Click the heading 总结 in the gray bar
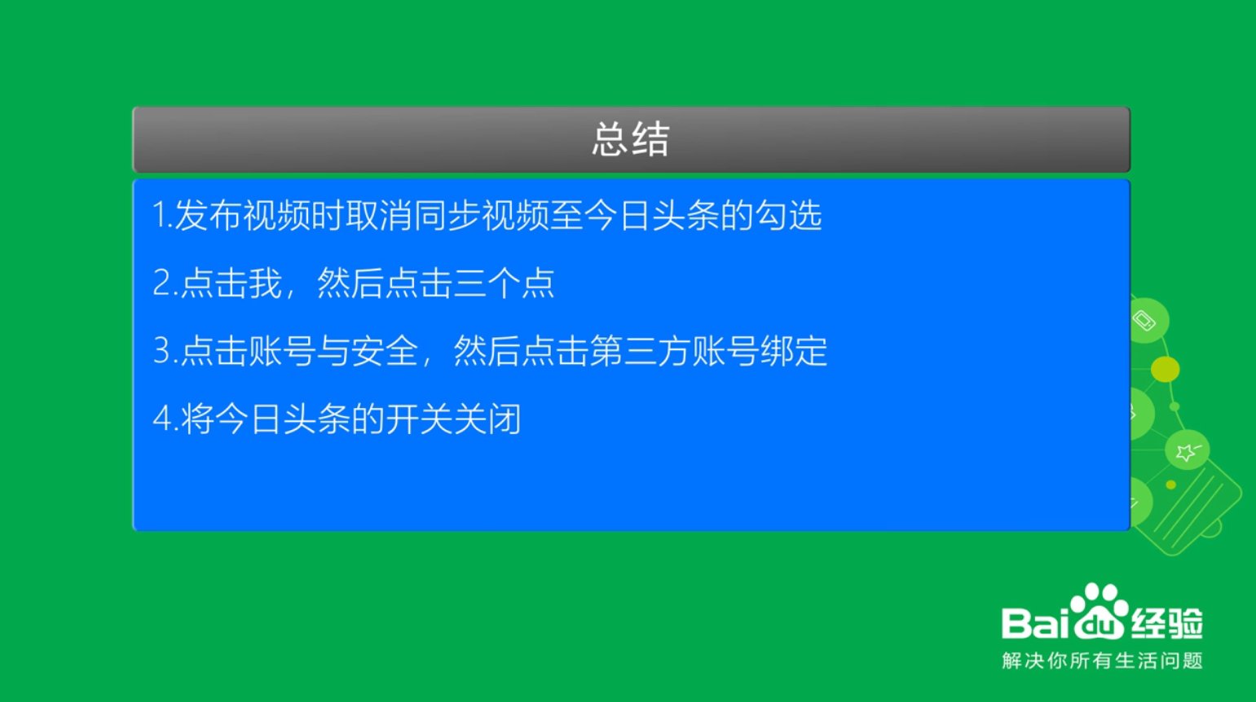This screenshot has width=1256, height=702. tap(631, 139)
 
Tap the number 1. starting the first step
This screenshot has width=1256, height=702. tap(163, 215)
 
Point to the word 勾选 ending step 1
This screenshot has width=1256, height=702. tap(788, 215)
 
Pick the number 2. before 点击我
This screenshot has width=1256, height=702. tap(165, 283)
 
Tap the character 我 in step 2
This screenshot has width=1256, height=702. tap(265, 283)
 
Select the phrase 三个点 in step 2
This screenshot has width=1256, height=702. tap(504, 283)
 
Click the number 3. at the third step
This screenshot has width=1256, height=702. tap(165, 351)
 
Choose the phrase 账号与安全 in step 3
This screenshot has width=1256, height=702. tap(333, 351)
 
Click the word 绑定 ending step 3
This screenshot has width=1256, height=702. tap(794, 351)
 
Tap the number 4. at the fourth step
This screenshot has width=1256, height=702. tap(165, 419)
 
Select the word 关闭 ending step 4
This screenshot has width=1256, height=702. tap(488, 419)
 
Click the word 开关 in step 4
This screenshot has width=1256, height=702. tap(420, 419)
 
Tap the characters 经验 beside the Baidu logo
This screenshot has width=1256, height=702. tap(1167, 623)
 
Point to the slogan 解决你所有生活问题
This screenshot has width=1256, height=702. tap(1103, 660)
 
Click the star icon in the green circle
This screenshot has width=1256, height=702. tap(1187, 450)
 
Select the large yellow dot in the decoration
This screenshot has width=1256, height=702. tap(1166, 369)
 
